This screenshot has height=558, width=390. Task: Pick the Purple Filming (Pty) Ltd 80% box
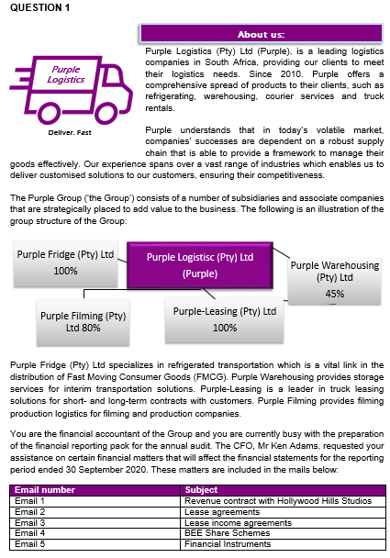coord(84,321)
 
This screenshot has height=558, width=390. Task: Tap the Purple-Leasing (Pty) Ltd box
coord(224,319)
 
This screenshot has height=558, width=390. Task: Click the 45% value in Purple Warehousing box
coord(334,294)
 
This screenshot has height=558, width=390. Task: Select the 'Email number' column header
coord(45,490)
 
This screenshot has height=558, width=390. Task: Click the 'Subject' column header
coord(201,490)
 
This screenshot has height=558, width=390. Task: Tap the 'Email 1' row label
coord(30,500)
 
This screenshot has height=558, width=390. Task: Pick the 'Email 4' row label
coord(30,531)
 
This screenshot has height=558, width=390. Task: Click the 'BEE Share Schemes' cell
coord(225,531)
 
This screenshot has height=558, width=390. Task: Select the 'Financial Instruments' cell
coord(228,542)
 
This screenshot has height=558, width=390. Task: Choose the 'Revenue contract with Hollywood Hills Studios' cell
coord(277,500)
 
